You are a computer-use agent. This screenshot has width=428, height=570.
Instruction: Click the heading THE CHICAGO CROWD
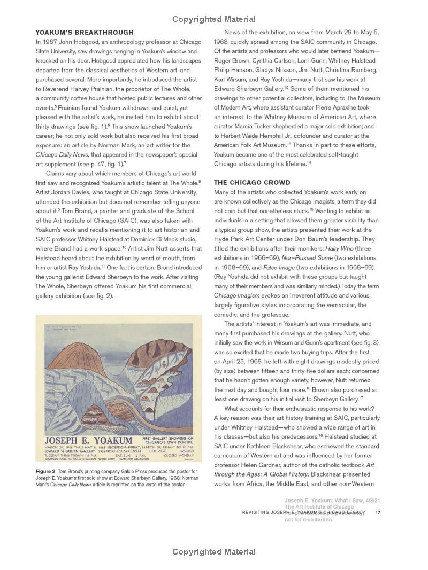[252, 183]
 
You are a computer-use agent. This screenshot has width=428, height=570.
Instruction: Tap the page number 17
[378, 512]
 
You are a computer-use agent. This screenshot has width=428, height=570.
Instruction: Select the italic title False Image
[279, 267]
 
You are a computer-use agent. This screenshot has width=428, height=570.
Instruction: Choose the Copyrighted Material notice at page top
[214, 19]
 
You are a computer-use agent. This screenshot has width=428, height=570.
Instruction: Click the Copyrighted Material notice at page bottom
[214, 551]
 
